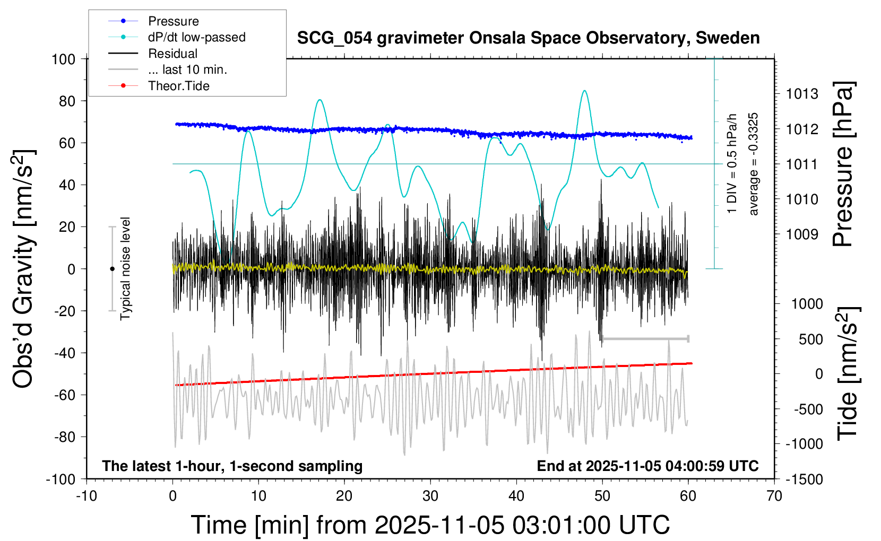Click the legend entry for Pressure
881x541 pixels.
[x=173, y=21]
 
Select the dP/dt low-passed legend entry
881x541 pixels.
[x=196, y=37]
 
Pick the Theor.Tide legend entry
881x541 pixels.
[x=178, y=86]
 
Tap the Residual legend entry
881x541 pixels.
[x=172, y=54]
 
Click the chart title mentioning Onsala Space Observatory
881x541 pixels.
[x=528, y=38]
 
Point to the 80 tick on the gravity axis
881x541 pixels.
[x=67, y=101]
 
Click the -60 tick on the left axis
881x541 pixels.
[x=65, y=395]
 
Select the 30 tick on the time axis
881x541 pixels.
[x=430, y=496]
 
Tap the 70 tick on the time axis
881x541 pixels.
[x=774, y=496]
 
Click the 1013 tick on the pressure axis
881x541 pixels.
[x=802, y=94]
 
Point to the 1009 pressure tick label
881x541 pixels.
[x=802, y=234]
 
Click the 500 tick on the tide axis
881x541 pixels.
[x=810, y=339]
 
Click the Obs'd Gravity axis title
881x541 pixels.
[x=24, y=268]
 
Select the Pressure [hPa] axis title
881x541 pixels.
[x=843, y=164]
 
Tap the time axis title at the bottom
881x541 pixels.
[x=430, y=525]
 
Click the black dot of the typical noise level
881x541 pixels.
[x=112, y=269]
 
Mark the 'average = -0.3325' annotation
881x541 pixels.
[x=754, y=164]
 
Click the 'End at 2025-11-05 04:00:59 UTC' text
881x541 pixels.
[x=647, y=466]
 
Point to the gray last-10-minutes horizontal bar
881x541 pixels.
[x=645, y=338]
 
